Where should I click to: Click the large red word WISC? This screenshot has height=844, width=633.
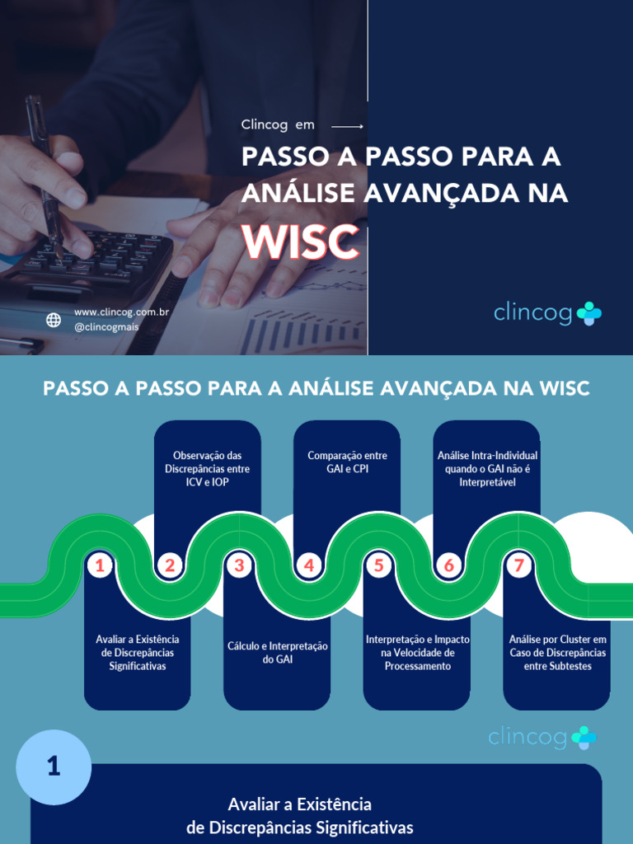[x=300, y=241]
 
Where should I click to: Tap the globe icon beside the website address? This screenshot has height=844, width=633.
[x=54, y=320]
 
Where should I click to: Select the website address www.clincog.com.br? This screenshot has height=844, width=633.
[x=121, y=312]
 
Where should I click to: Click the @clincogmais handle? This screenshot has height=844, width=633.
[x=106, y=327]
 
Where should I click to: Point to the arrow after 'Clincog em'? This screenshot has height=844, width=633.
[x=347, y=126]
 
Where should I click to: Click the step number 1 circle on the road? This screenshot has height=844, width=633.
[x=100, y=565]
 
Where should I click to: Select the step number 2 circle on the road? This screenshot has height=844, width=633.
[x=170, y=565]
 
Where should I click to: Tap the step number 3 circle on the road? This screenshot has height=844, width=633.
[x=239, y=565]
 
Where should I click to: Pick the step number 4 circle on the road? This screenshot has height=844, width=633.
[x=309, y=565]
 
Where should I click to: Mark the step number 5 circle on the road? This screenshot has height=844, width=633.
[x=378, y=565]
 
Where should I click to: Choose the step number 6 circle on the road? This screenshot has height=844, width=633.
[x=448, y=565]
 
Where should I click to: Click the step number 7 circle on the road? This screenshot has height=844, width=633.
[x=518, y=565]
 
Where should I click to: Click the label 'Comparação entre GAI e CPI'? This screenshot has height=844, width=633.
[x=347, y=462]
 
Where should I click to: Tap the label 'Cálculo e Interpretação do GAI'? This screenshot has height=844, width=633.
[x=278, y=652]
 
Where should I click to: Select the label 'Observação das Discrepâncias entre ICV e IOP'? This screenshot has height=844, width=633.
[x=207, y=468]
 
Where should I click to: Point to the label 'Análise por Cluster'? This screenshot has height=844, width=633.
[x=557, y=652]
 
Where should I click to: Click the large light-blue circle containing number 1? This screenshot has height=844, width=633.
[x=54, y=767]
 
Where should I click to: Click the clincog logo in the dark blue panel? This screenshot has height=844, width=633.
[x=547, y=313]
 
